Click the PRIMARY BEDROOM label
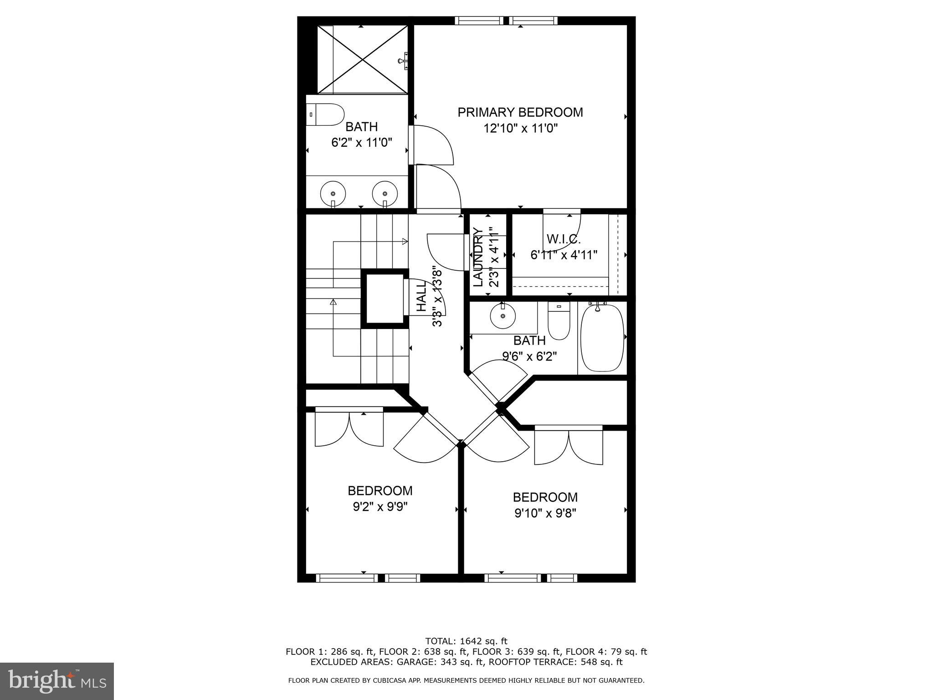click(520, 112)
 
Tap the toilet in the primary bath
click(325, 115)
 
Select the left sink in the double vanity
click(333, 194)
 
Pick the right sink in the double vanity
click(385, 194)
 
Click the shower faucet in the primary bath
click(404, 60)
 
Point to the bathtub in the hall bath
click(602, 338)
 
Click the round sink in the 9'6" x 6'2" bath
click(503, 316)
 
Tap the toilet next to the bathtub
click(559, 321)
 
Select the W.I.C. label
click(564, 239)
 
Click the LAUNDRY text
click(478, 257)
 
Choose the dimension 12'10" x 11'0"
click(520, 129)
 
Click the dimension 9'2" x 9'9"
click(380, 507)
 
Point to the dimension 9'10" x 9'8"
click(545, 513)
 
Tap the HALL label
click(421, 296)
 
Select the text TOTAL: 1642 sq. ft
click(466, 641)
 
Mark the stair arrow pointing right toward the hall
click(405, 242)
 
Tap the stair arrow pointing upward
click(333, 302)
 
